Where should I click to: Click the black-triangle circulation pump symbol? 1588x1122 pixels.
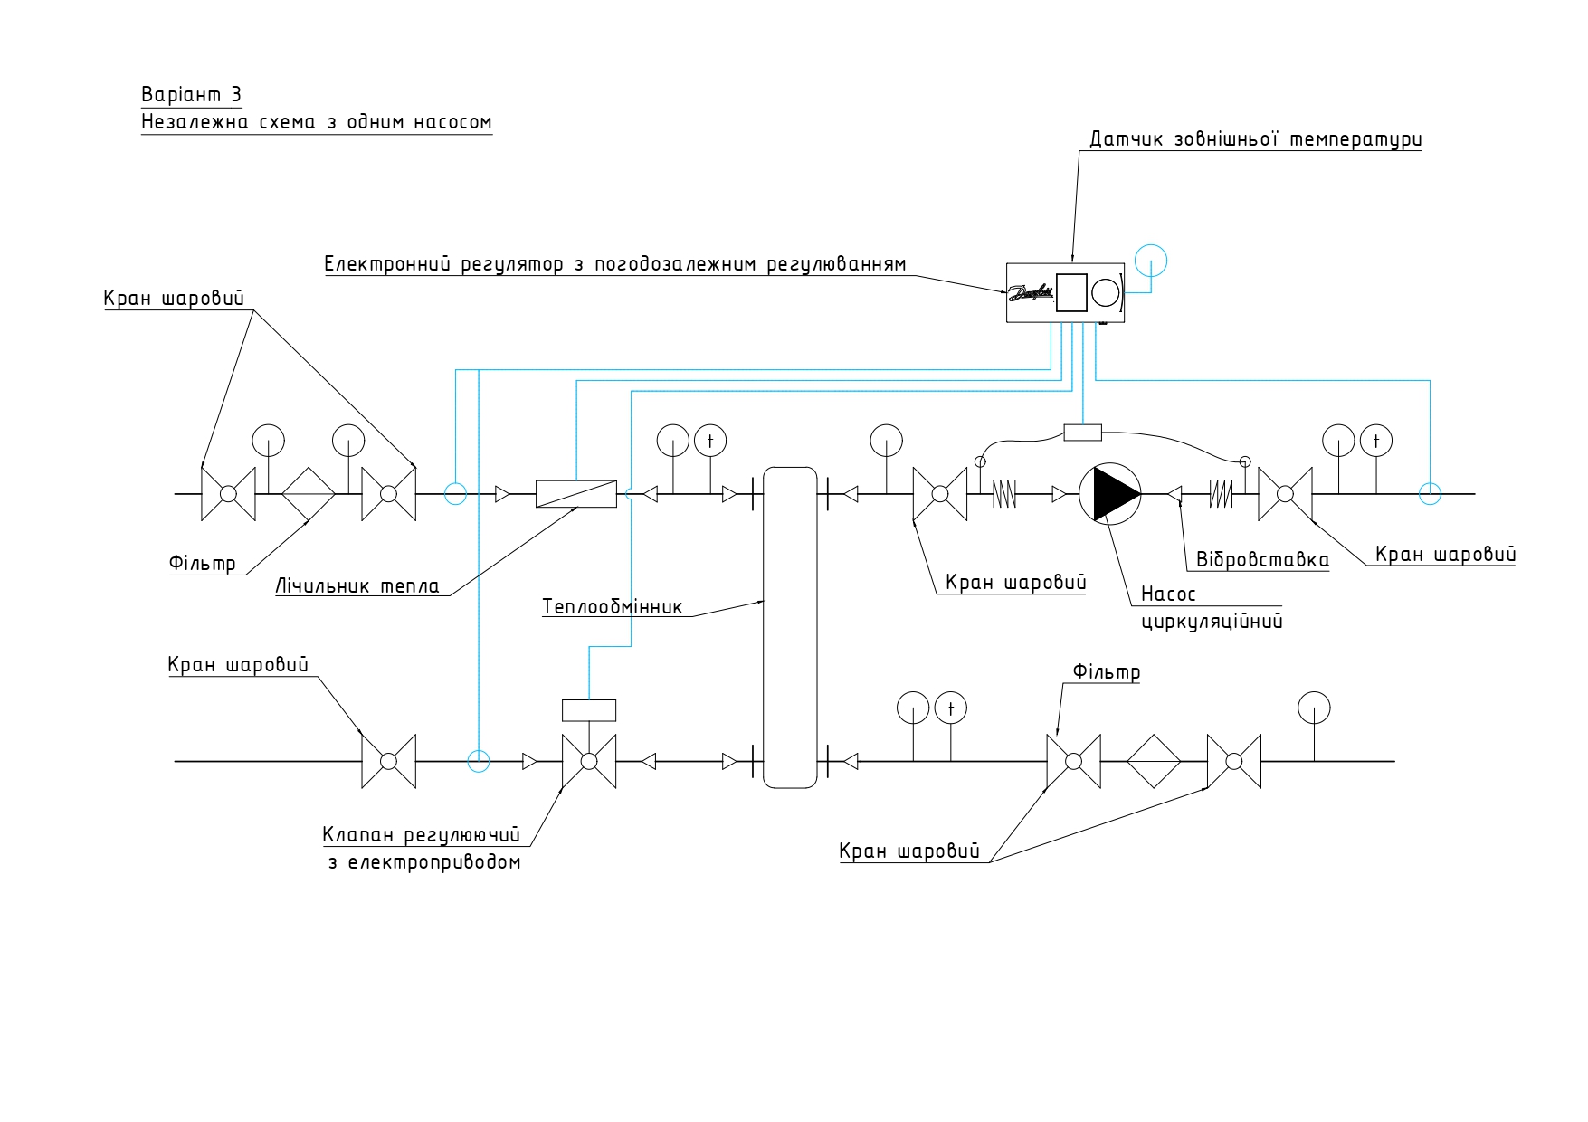pyautogui.click(x=1109, y=494)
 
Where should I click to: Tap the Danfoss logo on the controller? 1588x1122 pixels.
pyautogui.click(x=1031, y=292)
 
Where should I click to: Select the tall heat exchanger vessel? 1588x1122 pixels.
pyautogui.click(x=790, y=627)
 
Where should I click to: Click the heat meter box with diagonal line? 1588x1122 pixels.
pyautogui.click(x=576, y=494)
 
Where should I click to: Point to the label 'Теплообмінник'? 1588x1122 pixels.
pyautogui.click(x=613, y=605)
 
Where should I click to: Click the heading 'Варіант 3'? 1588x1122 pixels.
pyautogui.click(x=192, y=95)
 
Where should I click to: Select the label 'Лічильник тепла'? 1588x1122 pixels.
pyautogui.click(x=357, y=586)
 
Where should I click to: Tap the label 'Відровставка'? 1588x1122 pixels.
pyautogui.click(x=1263, y=559)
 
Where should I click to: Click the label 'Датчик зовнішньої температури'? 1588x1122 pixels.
pyautogui.click(x=1255, y=139)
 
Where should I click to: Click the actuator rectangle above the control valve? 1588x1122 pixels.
pyautogui.click(x=589, y=710)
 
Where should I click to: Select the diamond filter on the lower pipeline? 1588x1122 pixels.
pyautogui.click(x=1154, y=762)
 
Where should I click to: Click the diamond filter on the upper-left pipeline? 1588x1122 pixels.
pyautogui.click(x=309, y=494)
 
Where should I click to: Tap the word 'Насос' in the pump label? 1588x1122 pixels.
pyautogui.click(x=1168, y=594)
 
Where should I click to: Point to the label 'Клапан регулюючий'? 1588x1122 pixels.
pyautogui.click(x=422, y=833)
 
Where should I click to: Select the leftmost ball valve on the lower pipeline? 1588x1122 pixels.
pyautogui.click(x=389, y=762)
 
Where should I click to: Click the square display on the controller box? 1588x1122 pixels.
pyautogui.click(x=1071, y=292)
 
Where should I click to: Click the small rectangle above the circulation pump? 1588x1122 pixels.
pyautogui.click(x=1083, y=433)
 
